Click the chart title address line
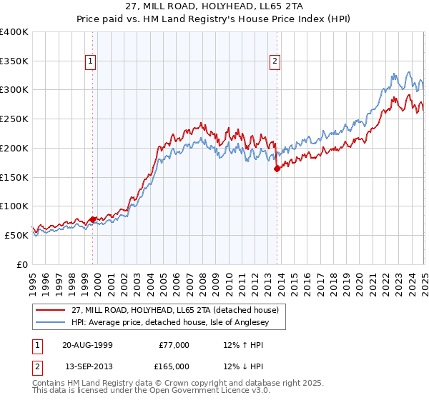click(214, 8)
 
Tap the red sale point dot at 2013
click(277, 169)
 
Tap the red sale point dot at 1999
click(93, 219)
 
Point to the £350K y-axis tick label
click(14, 61)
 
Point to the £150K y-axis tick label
click(14, 177)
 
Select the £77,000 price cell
click(174, 345)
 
